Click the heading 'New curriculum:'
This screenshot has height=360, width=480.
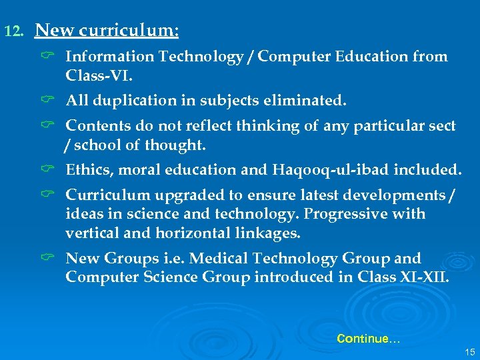click(x=107, y=31)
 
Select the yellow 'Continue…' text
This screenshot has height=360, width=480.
click(x=368, y=339)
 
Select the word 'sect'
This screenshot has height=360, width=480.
click(x=441, y=125)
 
